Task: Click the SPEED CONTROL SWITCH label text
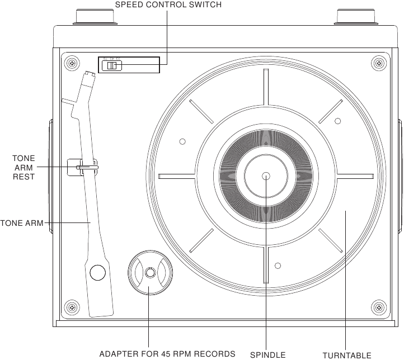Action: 168,5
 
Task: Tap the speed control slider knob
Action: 112,66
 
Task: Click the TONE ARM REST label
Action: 24,167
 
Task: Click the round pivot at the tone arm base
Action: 98,272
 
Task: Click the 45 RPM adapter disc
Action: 149,273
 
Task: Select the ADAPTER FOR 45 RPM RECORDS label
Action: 167,354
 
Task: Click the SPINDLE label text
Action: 267,354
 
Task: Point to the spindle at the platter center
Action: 265,176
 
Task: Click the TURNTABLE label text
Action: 346,355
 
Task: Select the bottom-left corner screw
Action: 71,306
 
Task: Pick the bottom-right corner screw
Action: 380,306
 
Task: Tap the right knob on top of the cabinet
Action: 355,16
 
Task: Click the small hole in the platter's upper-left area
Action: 182,141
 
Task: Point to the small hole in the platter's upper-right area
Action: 337,121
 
